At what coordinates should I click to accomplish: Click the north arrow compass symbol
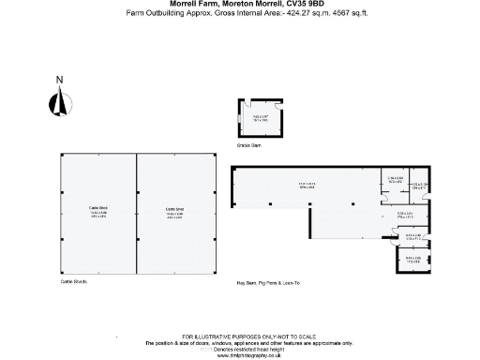click(x=60, y=103)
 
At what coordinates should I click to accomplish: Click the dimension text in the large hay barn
click(x=307, y=185)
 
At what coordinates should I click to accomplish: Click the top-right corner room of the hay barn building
click(x=419, y=185)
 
